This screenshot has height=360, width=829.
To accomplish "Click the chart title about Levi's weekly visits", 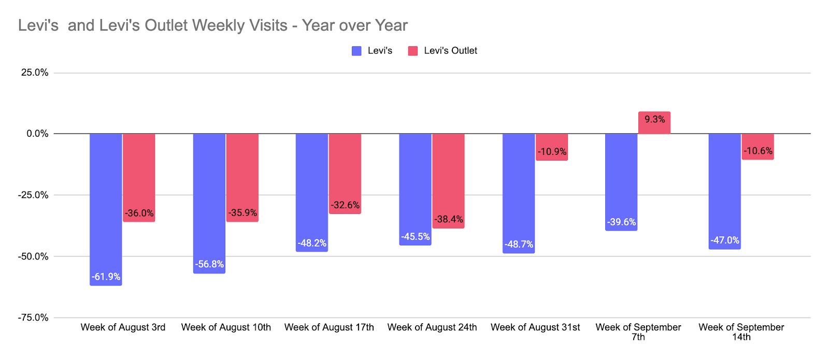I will (213, 25).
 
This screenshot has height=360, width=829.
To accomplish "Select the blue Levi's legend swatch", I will (356, 51).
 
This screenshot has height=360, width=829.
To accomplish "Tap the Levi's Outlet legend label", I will (450, 51).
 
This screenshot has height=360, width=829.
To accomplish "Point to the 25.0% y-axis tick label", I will (35, 73).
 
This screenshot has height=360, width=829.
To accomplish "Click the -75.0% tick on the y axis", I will (34, 318).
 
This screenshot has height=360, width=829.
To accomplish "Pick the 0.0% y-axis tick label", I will (37, 134).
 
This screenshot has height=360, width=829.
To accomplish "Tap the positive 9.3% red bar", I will (654, 123).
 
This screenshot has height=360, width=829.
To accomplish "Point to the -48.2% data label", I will (312, 243).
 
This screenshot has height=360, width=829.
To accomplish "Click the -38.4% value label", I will (449, 219).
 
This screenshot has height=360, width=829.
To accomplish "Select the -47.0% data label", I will (725, 240).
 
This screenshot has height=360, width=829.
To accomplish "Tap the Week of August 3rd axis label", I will (123, 327).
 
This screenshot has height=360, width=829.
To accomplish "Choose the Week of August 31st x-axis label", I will (535, 327).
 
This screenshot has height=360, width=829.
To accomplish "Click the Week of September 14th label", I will (741, 332).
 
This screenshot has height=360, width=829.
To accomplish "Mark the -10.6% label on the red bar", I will (758, 151).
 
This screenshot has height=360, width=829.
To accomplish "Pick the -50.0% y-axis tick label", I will (34, 256).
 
